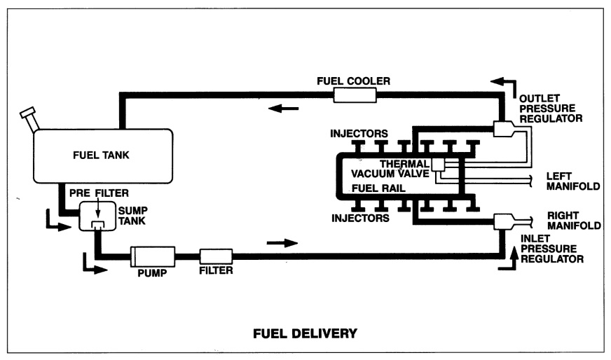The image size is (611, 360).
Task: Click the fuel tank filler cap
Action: [27, 113]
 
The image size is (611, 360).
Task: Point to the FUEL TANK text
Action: [102, 153]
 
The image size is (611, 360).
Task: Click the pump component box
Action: [153, 256]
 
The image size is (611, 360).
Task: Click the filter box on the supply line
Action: [216, 256]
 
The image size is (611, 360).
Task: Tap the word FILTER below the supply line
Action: [216, 269]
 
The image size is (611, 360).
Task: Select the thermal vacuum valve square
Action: [439, 165]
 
